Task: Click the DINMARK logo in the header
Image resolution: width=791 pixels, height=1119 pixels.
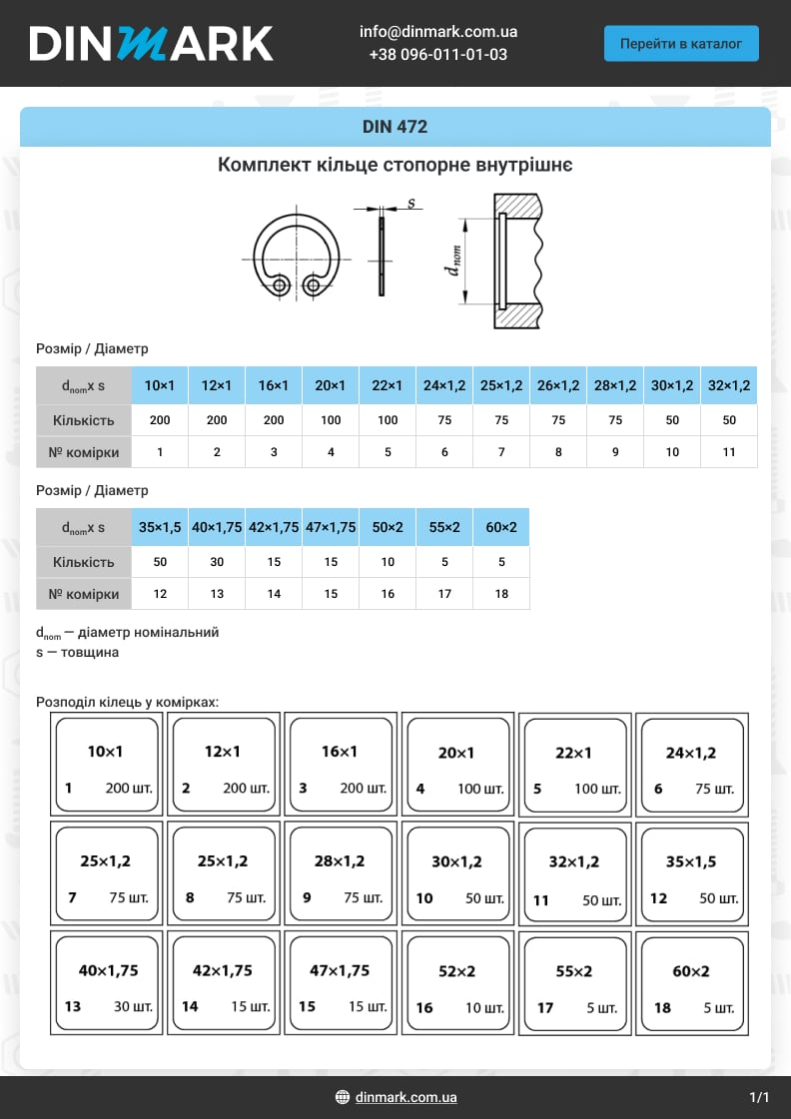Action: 151,44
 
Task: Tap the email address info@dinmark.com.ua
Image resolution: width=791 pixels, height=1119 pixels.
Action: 438,31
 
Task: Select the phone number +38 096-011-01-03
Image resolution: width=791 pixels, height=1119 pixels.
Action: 438,54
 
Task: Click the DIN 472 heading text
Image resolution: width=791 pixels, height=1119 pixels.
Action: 395,127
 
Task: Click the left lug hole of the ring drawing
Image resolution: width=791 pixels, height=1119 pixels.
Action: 281,286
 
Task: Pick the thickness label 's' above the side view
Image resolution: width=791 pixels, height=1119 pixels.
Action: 411,204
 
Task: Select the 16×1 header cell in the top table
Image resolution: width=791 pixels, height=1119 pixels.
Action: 274,385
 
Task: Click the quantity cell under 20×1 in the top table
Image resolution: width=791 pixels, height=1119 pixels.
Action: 331,420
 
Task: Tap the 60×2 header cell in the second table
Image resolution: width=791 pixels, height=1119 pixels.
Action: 501,527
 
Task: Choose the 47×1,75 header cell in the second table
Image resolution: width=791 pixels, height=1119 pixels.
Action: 331,527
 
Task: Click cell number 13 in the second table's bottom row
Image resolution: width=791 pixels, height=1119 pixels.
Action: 217,594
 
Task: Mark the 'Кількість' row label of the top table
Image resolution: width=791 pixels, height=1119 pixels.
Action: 84,420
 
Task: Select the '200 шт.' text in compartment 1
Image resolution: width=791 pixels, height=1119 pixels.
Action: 130,789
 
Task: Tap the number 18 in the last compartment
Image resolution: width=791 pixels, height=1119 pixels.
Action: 662,1008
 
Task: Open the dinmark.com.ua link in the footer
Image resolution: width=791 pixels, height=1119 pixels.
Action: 406,1098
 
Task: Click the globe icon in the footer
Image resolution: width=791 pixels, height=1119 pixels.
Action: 343,1098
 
